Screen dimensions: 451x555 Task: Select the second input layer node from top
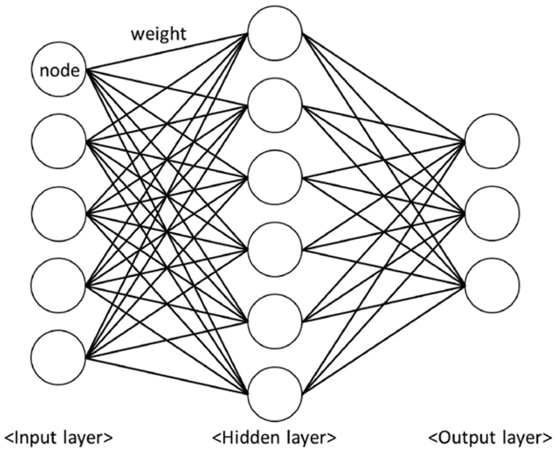(58, 141)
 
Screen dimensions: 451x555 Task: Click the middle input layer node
(58, 213)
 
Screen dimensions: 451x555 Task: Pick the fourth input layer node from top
(58, 285)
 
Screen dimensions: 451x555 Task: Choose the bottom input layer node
(58, 357)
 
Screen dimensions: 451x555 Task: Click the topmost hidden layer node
(275, 33)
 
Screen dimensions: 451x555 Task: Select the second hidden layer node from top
(275, 105)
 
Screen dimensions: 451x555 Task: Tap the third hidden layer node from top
(275, 178)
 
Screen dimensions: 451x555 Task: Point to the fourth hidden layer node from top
(275, 249)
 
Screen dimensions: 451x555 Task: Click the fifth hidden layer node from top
(275, 321)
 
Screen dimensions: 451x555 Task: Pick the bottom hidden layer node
(275, 394)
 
